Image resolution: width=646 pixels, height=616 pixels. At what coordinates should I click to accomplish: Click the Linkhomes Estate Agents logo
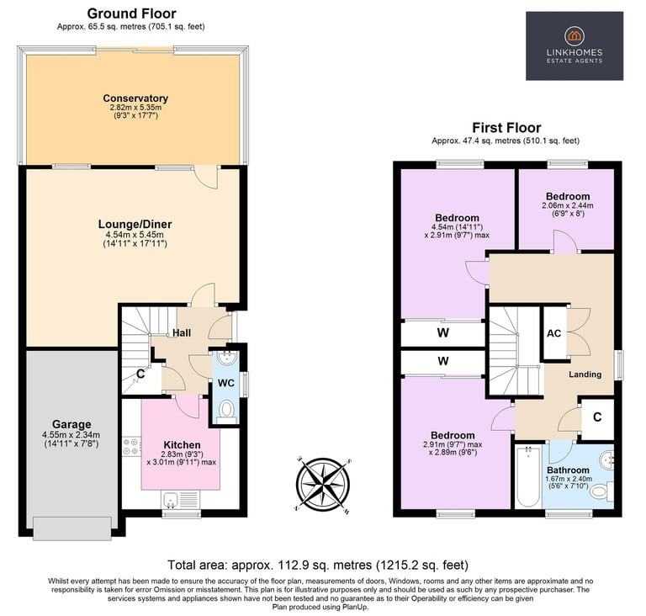point(575,45)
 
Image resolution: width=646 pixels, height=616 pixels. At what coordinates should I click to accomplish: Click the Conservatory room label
point(135,98)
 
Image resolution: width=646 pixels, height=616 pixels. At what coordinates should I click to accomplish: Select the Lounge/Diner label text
point(135,225)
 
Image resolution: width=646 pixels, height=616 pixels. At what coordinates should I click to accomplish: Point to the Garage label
point(71,424)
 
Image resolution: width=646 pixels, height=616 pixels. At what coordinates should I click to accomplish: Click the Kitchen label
point(182,445)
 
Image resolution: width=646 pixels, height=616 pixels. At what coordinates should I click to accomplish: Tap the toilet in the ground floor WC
point(225,411)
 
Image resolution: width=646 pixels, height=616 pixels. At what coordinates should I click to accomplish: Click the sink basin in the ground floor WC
point(225,358)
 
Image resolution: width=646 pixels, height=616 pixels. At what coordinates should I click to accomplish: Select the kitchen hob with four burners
point(132,448)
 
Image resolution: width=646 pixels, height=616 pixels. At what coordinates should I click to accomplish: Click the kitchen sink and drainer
point(180,499)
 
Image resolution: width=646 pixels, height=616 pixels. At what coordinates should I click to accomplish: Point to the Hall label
point(182,332)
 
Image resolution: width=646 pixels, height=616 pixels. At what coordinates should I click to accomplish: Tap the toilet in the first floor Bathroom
point(601,492)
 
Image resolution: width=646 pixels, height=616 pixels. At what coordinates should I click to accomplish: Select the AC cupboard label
point(553,333)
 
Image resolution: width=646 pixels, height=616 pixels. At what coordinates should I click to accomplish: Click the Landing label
point(585,374)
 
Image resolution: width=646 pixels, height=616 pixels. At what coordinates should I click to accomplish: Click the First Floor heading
point(506,127)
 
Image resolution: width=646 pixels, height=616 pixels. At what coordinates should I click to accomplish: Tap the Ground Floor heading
point(131,13)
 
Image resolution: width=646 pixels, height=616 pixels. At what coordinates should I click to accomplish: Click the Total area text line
point(318,565)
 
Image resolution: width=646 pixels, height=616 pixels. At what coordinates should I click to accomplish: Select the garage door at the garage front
point(72,528)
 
